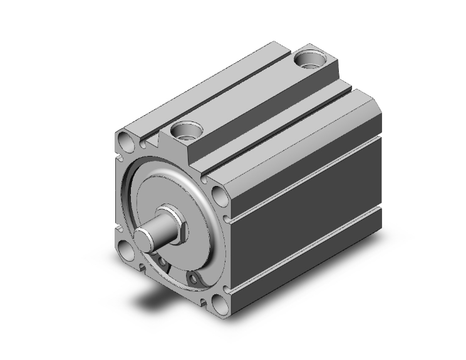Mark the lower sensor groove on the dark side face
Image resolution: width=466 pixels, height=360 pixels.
coord(307,251)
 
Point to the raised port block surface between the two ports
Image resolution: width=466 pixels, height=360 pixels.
coord(251,94)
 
